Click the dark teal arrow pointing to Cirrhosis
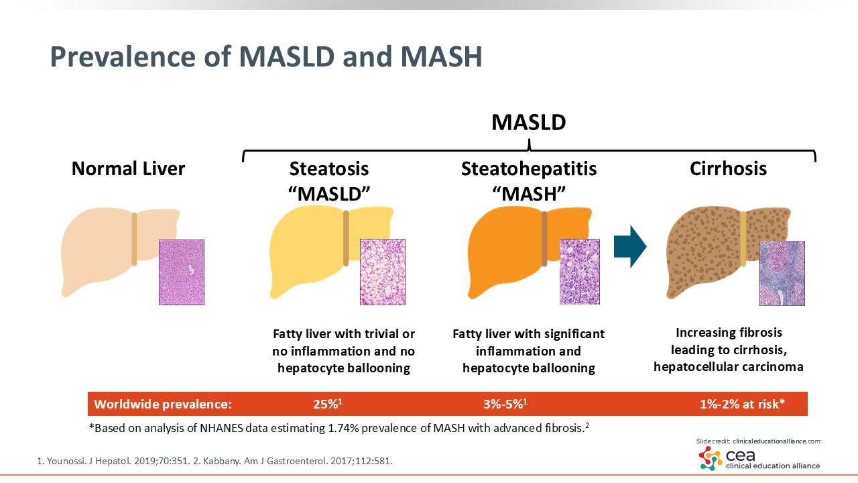(x=629, y=246)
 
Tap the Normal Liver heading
(x=128, y=168)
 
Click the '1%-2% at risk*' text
(x=742, y=404)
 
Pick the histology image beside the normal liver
(x=182, y=272)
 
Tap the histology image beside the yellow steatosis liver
(x=383, y=272)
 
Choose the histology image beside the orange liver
(x=579, y=272)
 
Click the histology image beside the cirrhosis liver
(x=782, y=273)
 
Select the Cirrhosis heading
(x=728, y=168)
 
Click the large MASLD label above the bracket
(x=529, y=123)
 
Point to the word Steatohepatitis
(x=529, y=168)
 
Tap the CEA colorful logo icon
(x=711, y=458)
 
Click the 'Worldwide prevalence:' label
(x=163, y=404)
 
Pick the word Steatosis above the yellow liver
(x=329, y=168)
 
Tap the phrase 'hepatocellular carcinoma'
(x=729, y=367)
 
